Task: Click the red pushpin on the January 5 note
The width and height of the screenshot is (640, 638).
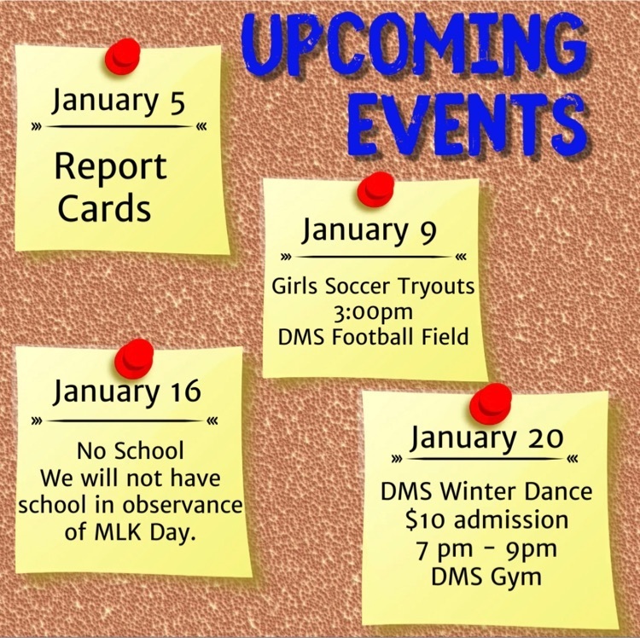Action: coord(122,56)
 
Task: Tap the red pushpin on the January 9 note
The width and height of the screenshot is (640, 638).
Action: coord(375,188)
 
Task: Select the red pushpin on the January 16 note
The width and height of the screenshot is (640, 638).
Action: coord(134,359)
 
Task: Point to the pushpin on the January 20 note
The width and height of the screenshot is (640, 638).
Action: coord(490,403)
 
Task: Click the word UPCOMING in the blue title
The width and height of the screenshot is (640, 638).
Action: coord(414,48)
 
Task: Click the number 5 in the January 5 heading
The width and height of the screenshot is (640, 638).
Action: coord(176,102)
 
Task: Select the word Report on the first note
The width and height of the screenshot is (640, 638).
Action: coord(111,167)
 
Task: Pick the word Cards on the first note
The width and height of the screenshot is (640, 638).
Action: coord(104,208)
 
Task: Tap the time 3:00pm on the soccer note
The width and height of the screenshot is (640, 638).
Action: coord(373,312)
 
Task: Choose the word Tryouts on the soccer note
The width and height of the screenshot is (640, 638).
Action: coord(436,287)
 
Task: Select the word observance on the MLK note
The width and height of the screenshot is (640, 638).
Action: coord(183,505)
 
